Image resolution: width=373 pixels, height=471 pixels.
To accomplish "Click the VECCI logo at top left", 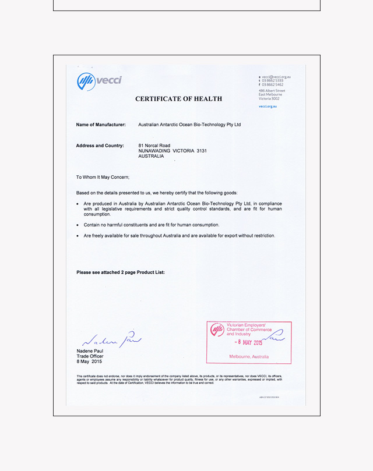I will [100, 81].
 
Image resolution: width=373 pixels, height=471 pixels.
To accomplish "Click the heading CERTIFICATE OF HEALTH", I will [178, 99].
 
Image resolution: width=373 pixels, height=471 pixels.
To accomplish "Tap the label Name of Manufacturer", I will [101, 125].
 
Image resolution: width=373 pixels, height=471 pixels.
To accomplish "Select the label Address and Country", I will [100, 146].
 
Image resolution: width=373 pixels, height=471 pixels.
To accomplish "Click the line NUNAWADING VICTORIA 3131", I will [173, 151].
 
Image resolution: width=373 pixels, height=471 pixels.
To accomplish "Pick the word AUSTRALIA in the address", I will [151, 156].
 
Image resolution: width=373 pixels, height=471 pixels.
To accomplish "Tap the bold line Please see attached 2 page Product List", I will [121, 272].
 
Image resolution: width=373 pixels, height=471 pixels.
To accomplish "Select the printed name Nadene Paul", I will [90, 351].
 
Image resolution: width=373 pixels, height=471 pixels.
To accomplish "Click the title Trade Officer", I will [90, 356].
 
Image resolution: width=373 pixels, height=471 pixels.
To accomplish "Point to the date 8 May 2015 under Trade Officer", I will [89, 362].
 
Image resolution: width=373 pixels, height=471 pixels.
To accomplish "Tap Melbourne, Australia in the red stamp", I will [249, 356].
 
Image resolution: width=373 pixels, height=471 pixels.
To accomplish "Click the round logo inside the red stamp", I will [217, 330].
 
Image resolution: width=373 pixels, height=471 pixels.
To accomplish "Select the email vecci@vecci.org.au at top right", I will [276, 77].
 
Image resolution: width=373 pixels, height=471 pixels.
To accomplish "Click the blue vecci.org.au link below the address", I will [268, 107].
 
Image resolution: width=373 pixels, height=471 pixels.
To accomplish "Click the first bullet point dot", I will [78, 204].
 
